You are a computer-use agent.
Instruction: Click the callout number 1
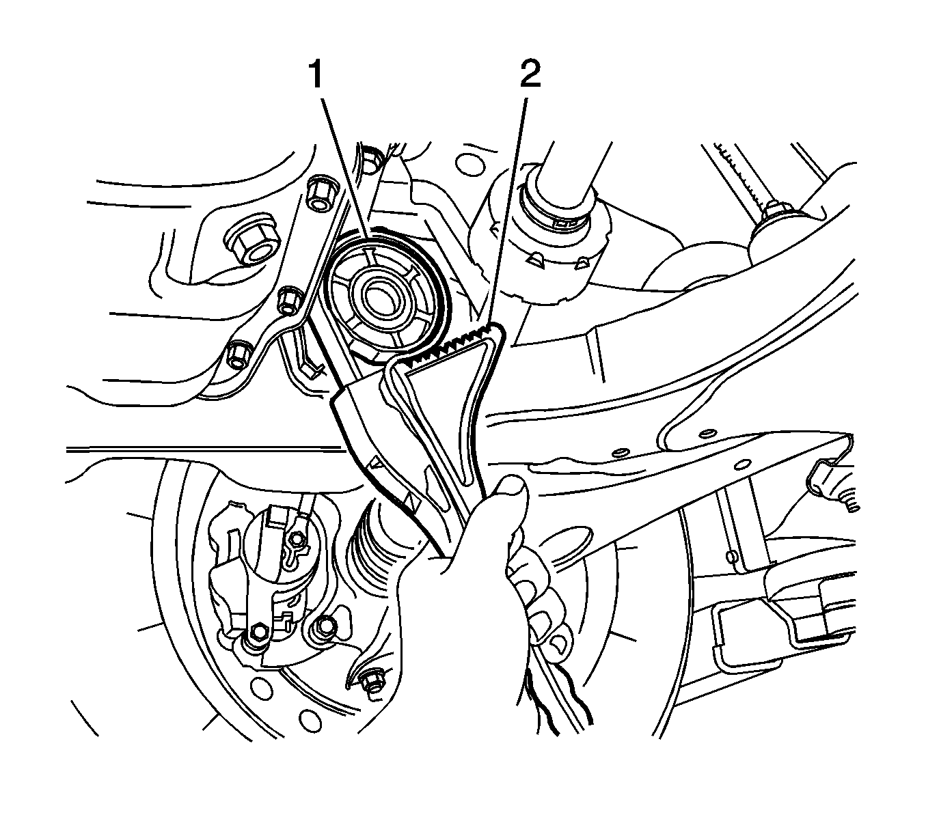[x=316, y=76]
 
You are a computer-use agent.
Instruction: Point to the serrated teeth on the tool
[x=453, y=341]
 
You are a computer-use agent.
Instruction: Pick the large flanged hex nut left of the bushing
[x=252, y=243]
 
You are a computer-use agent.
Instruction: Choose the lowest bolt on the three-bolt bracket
[x=239, y=355]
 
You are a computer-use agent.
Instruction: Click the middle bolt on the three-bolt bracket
[x=290, y=299]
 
